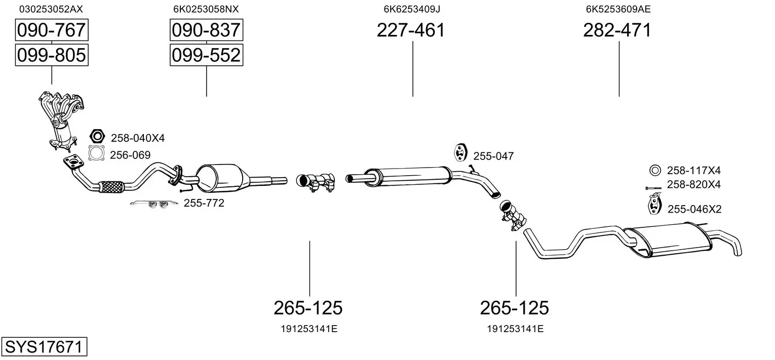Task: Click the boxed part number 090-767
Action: pyautogui.click(x=52, y=30)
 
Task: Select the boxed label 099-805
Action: pyautogui.click(x=52, y=55)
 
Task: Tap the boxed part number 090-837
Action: pyautogui.click(x=206, y=30)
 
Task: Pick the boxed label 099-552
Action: pyautogui.click(x=206, y=55)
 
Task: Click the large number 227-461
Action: pyautogui.click(x=411, y=30)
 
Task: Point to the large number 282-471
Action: pyautogui.click(x=617, y=30)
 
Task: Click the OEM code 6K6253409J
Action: pyautogui.click(x=412, y=9)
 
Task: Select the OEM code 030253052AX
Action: pyautogui.click(x=51, y=9)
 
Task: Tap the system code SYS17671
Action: pyautogui.click(x=44, y=346)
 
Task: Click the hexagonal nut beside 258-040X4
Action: pyautogui.click(x=97, y=136)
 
